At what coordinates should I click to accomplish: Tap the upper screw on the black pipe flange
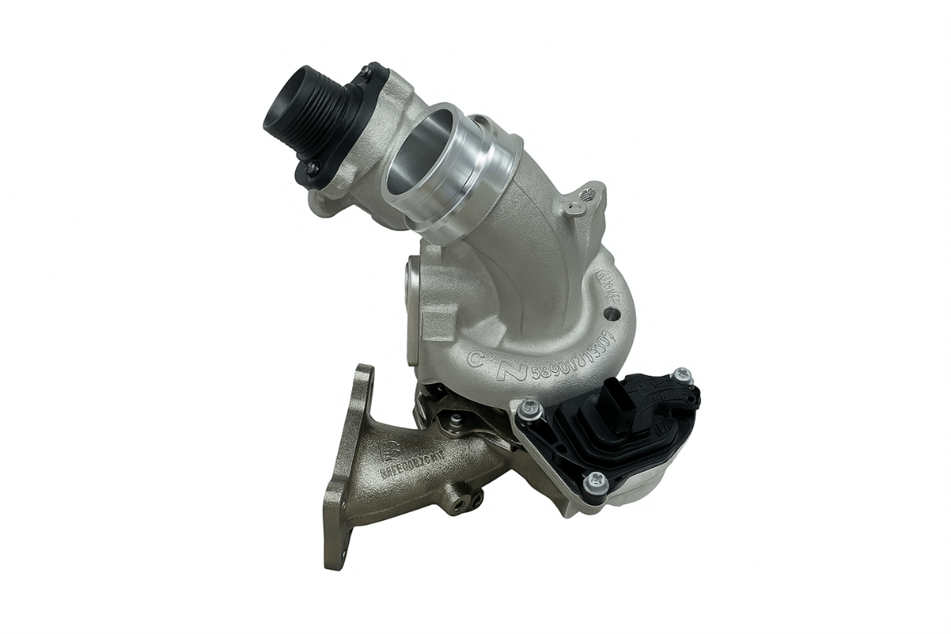click(x=365, y=72)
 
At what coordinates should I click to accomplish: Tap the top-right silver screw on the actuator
click(x=682, y=376)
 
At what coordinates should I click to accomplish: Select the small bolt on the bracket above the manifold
click(x=456, y=420)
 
